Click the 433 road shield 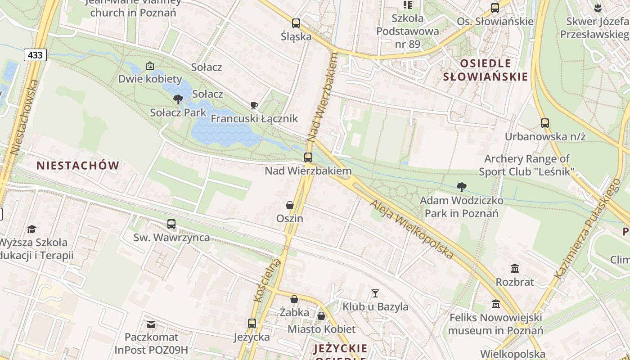[35, 55]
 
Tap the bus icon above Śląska [296, 23]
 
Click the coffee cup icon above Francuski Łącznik [254, 106]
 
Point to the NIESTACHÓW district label [78, 166]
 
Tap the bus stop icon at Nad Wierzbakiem [308, 157]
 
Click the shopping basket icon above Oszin [290, 205]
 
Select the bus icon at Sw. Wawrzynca [171, 224]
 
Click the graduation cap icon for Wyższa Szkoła [31, 229]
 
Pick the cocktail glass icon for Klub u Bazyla [375, 293]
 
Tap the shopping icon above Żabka [294, 299]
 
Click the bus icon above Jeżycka [252, 323]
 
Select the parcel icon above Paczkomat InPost [151, 324]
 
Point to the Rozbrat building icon [515, 269]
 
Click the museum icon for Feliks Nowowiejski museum [496, 304]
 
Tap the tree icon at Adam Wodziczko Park [461, 187]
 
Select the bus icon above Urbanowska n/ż [545, 123]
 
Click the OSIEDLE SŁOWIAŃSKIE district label [485, 70]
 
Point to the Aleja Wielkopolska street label [411, 229]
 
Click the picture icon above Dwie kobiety [150, 66]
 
